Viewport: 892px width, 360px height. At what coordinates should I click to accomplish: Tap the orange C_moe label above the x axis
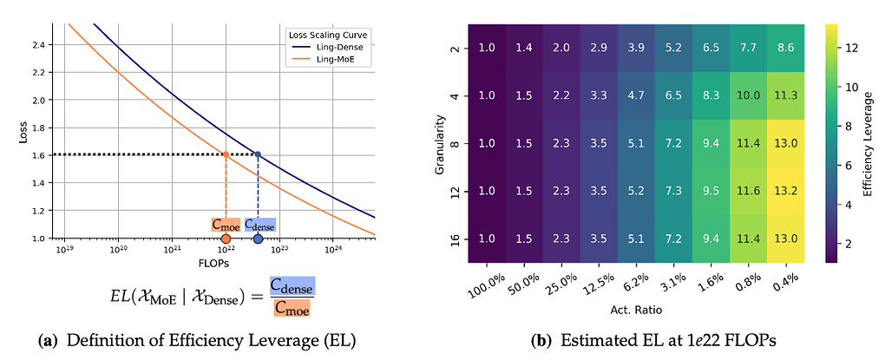pyautogui.click(x=225, y=225)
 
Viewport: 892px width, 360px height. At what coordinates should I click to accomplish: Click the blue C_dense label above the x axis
pyautogui.click(x=259, y=225)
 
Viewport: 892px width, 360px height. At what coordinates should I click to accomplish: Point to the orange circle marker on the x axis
pyautogui.click(x=226, y=239)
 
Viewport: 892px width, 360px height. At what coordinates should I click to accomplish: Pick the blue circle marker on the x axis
pyautogui.click(x=258, y=239)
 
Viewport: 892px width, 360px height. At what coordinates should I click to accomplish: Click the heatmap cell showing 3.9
pyautogui.click(x=636, y=48)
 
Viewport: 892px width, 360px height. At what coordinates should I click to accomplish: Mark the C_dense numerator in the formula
pyautogui.click(x=292, y=287)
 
